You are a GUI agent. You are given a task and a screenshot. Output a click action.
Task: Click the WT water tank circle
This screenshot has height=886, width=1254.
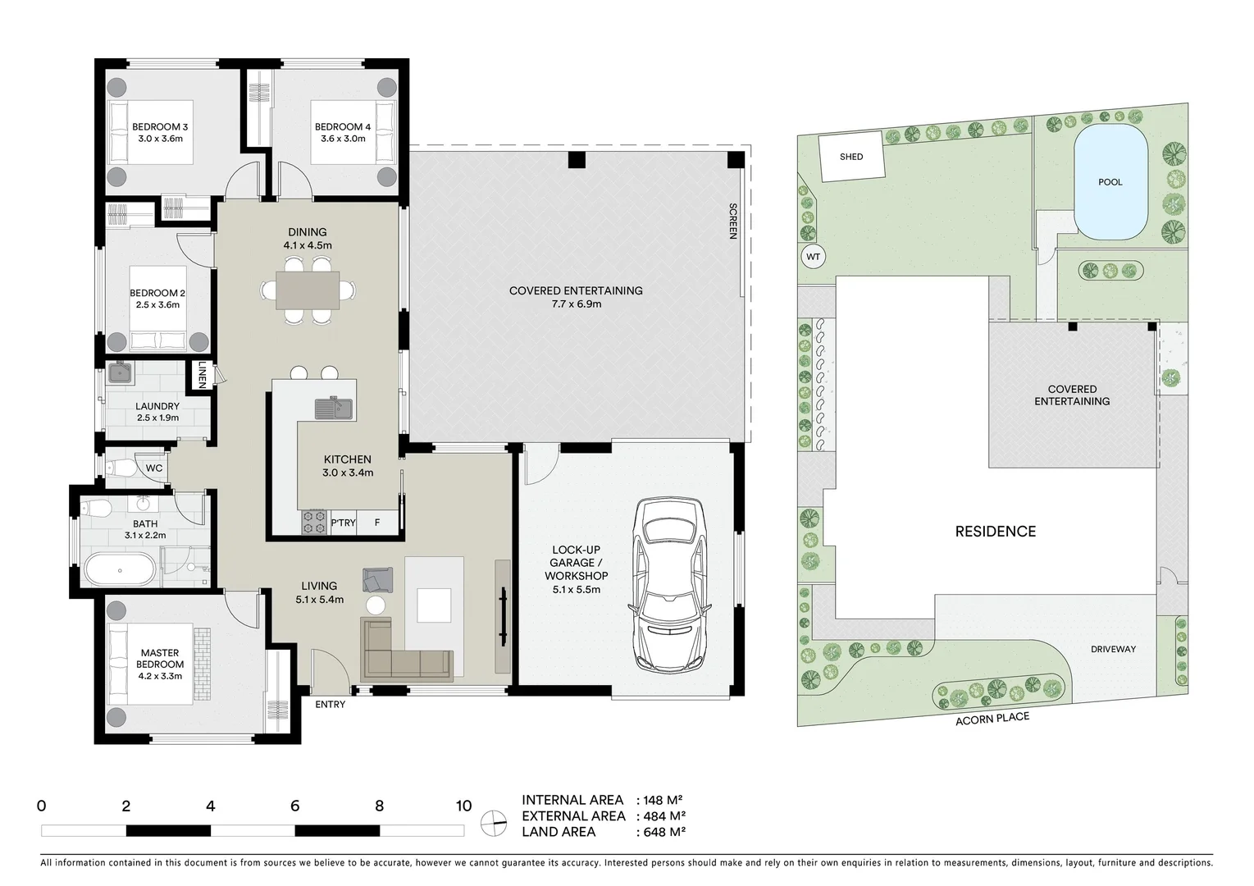(x=813, y=257)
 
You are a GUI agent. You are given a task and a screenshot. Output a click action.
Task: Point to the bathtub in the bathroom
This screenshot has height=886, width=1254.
(x=120, y=569)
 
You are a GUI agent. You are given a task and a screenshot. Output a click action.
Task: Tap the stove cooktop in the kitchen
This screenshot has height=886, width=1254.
(x=313, y=523)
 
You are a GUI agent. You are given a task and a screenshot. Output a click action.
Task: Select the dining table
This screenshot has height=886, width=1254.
(x=308, y=290)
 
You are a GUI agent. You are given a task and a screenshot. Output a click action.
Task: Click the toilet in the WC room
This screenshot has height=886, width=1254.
(x=121, y=468)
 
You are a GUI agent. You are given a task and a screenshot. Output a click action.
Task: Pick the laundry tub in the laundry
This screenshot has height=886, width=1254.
(x=120, y=374)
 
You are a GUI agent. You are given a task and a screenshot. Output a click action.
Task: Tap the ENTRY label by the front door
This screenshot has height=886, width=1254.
(x=331, y=705)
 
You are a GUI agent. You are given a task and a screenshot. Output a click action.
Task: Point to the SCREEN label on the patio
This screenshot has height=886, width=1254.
(x=733, y=221)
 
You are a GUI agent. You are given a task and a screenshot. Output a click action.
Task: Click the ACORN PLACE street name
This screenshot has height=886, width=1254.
(x=992, y=719)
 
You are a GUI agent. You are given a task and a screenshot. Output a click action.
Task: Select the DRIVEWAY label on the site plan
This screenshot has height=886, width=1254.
(x=1113, y=649)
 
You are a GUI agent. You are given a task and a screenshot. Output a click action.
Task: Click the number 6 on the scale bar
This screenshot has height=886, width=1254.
(x=295, y=806)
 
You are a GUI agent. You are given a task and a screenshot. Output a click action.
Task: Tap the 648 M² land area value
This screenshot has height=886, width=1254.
(x=661, y=832)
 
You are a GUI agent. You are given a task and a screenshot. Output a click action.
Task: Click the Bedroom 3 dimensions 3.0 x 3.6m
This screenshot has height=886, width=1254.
(x=160, y=139)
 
